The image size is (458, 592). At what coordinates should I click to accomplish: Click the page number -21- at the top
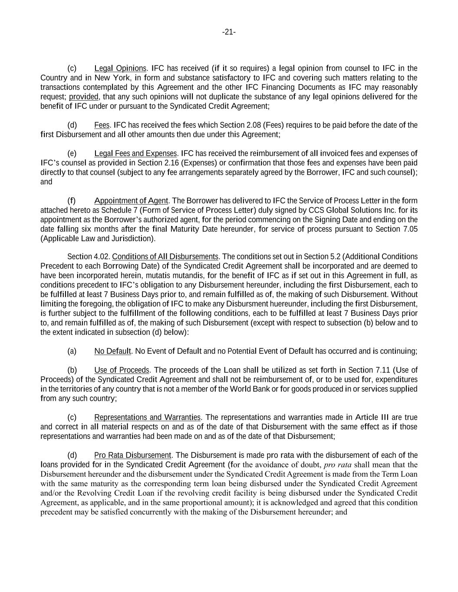229,32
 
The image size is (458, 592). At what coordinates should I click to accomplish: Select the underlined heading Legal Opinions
120,69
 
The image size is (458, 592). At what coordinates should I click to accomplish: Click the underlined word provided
84,97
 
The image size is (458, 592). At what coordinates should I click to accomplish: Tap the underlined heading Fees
102,125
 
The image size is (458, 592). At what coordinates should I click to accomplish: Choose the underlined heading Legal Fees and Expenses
135,154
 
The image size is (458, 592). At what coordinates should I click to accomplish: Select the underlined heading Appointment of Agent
131,201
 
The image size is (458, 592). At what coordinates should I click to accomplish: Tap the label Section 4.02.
89,257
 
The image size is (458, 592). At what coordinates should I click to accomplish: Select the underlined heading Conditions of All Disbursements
165,257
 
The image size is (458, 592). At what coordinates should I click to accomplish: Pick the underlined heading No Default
112,351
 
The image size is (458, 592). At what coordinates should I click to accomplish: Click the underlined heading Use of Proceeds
122,370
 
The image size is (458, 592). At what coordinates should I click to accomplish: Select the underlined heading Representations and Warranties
147,418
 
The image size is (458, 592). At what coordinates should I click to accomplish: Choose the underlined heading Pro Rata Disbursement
132,455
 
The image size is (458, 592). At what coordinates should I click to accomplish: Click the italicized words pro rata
338,465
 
